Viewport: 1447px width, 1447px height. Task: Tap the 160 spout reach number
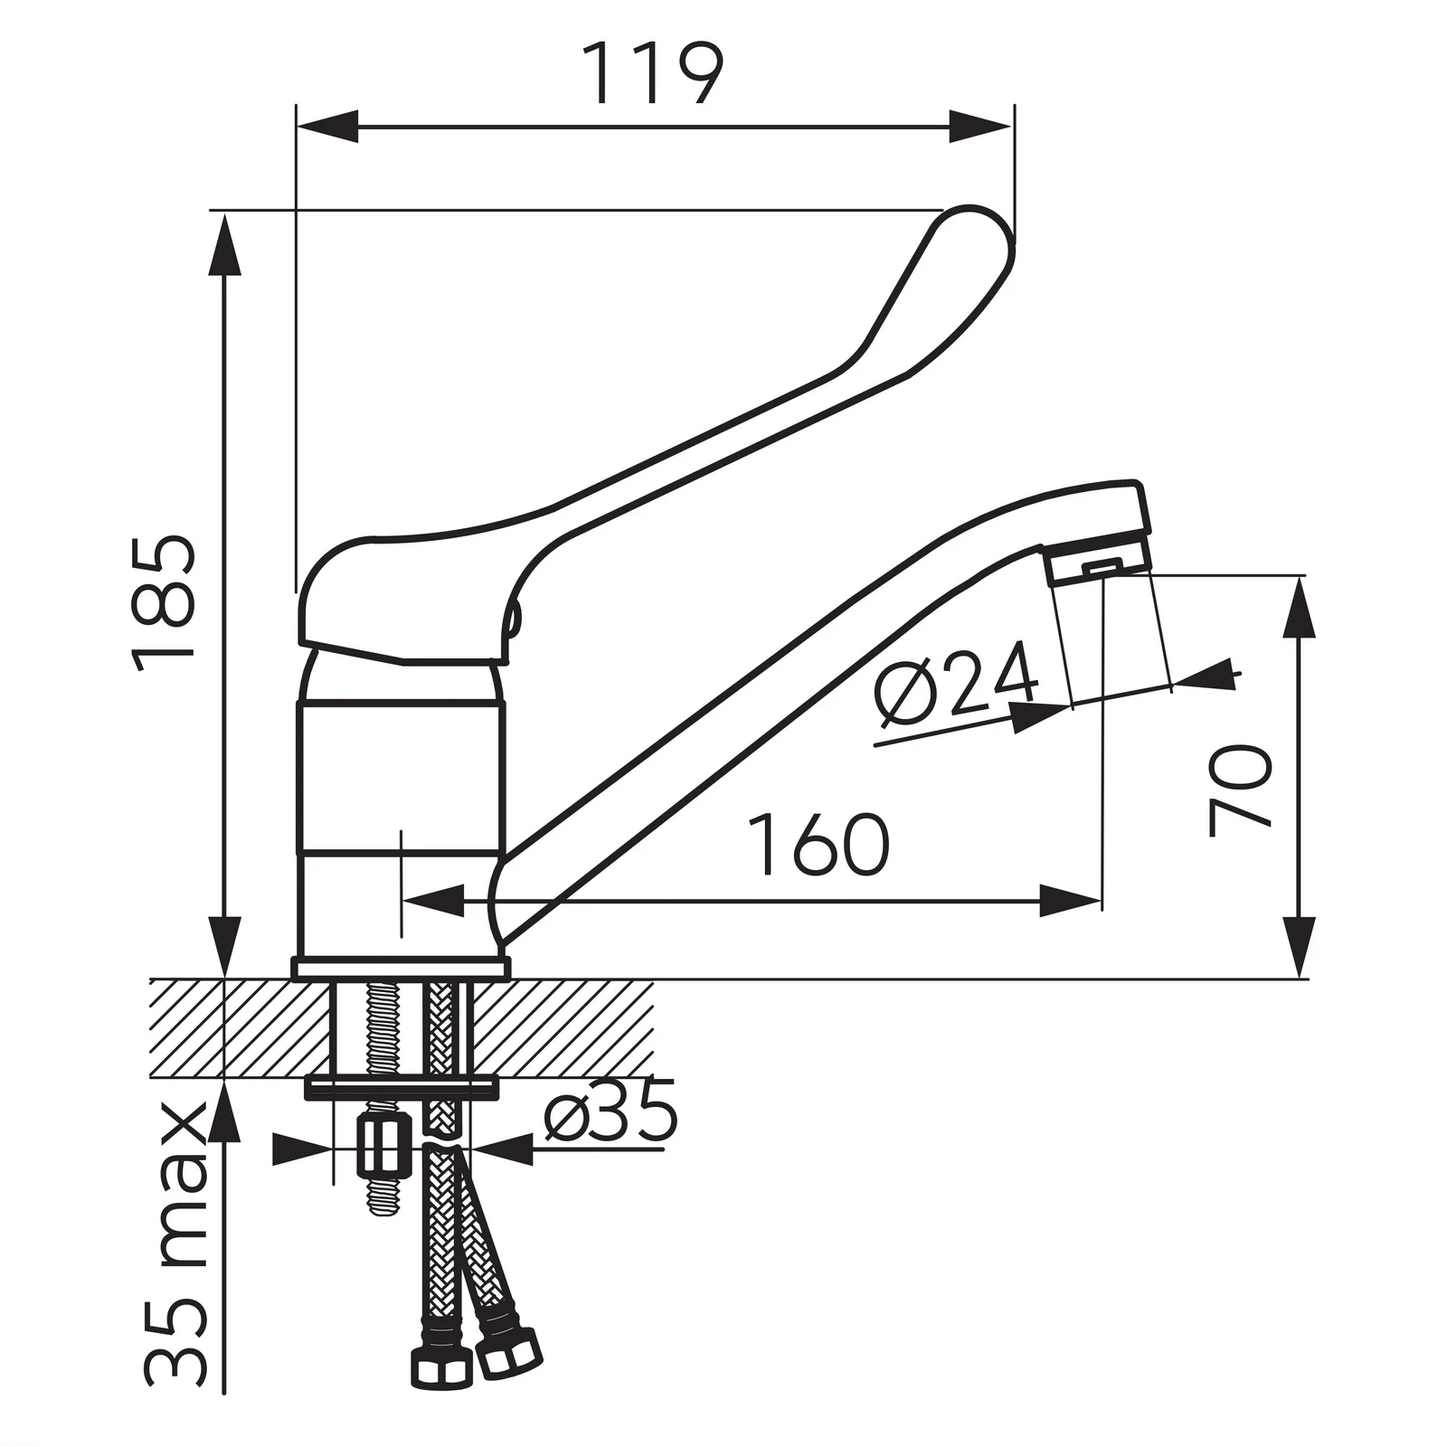[x=819, y=845]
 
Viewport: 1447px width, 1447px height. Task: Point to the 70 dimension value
[x=1241, y=790]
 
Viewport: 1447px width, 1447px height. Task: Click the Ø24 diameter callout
[x=955, y=683]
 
